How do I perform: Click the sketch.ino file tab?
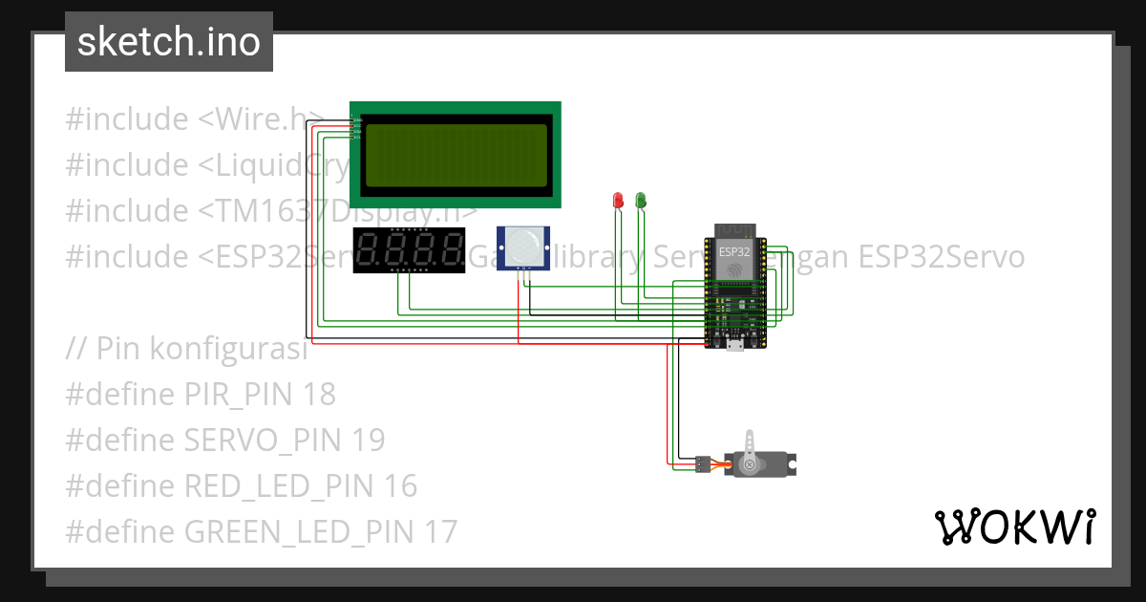(x=168, y=42)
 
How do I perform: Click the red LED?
(x=617, y=200)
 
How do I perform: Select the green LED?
(x=641, y=200)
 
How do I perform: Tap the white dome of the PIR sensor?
(x=522, y=246)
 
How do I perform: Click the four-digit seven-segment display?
(x=409, y=251)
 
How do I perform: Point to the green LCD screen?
(x=456, y=155)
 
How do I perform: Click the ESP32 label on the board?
(x=734, y=251)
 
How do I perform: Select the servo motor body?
(x=764, y=465)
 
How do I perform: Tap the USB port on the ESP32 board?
(x=734, y=345)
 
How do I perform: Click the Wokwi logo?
(x=1013, y=527)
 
